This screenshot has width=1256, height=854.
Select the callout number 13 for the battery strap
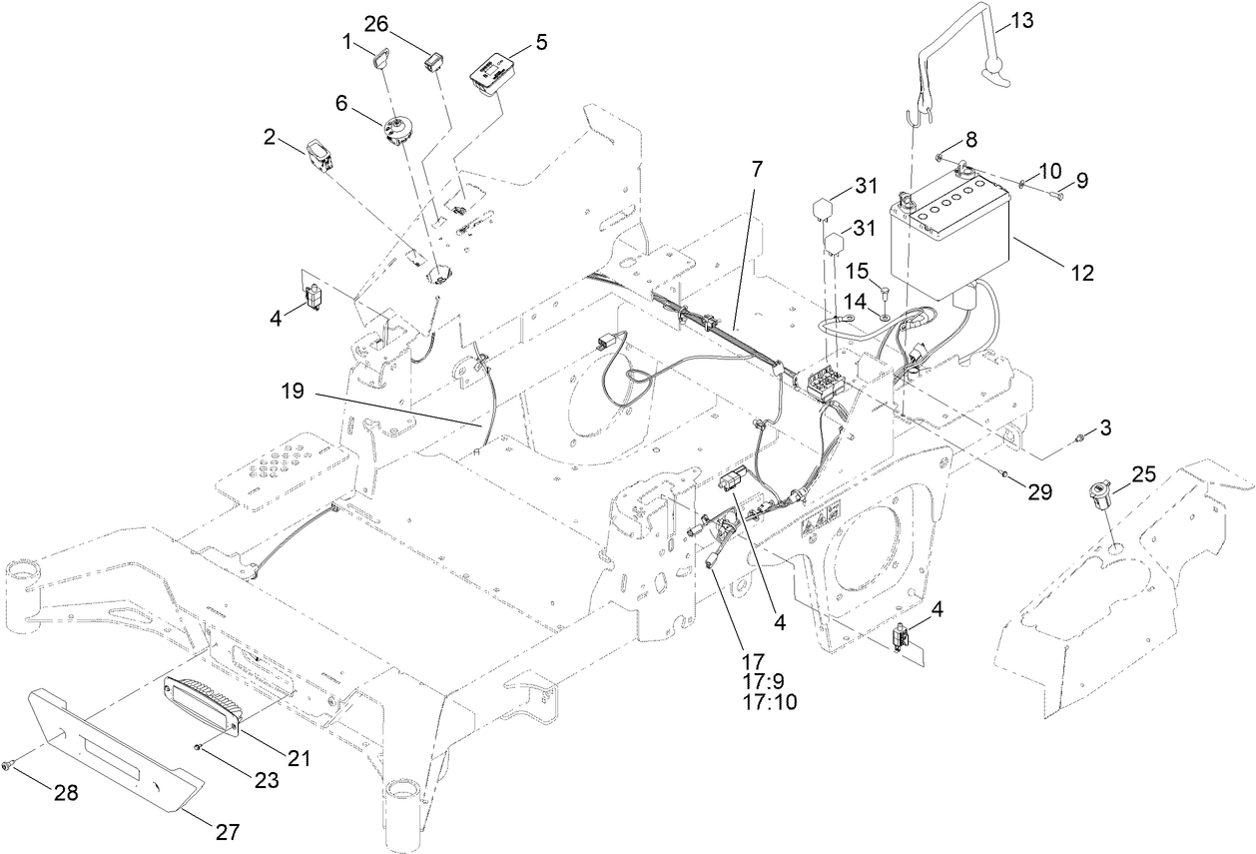pyautogui.click(x=1024, y=20)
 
